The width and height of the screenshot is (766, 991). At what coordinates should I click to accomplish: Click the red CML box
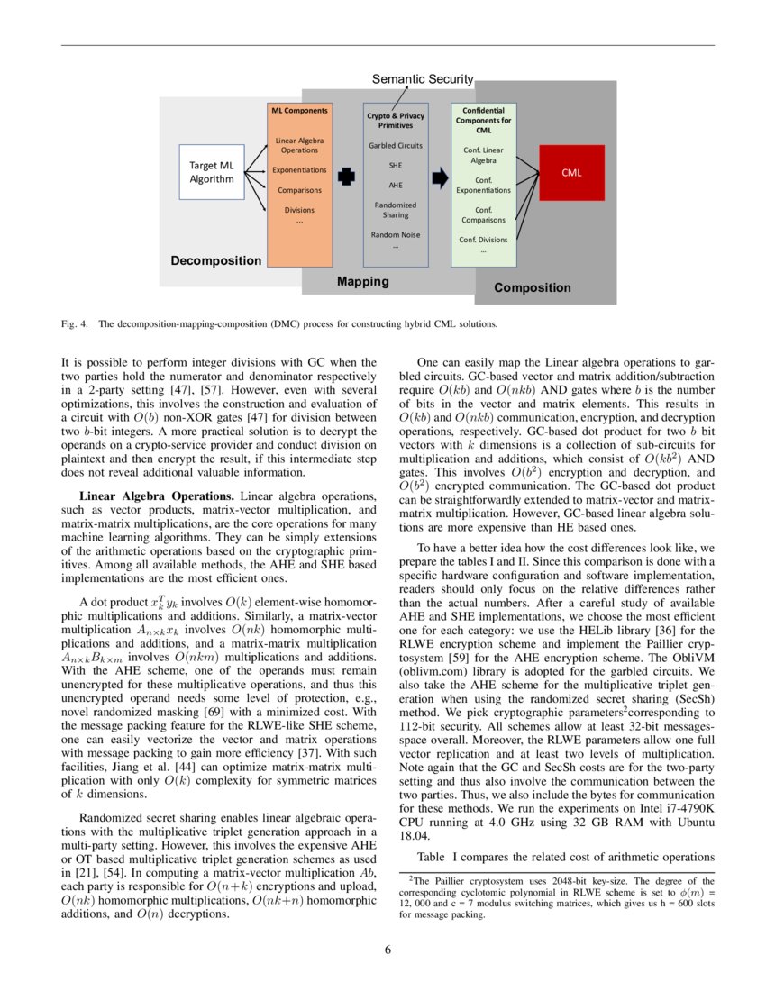coord(571,173)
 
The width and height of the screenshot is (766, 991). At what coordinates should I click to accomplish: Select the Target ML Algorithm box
coord(212,172)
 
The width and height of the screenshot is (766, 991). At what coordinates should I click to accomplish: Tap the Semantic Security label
coord(423,80)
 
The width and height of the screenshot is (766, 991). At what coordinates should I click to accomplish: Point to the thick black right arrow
coord(439,177)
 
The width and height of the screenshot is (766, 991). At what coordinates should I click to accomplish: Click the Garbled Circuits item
coord(395,145)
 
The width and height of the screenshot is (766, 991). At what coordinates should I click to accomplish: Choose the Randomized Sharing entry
coord(395,210)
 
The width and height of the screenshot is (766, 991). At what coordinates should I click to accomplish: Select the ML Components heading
coord(300,111)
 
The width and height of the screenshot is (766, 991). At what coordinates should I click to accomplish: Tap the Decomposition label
coord(216,260)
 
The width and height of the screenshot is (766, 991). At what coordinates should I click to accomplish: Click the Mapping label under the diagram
coord(362,281)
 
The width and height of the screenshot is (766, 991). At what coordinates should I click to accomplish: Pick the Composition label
coord(532,288)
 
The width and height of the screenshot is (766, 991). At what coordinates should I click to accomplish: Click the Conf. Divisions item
coord(483,240)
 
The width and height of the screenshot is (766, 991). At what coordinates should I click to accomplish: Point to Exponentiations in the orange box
coord(301,169)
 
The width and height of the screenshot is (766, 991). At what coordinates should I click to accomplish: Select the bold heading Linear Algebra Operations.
coord(157,496)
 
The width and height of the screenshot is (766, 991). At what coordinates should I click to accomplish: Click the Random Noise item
coord(395,234)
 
